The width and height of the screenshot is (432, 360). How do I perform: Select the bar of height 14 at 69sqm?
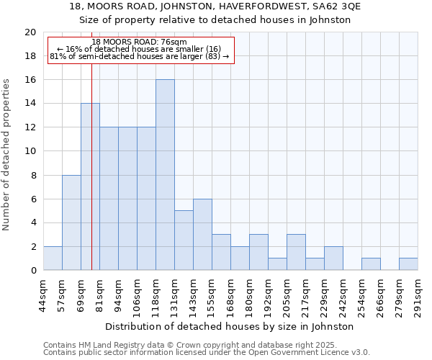pos(90,187)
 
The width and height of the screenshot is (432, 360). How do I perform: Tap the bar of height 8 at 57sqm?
pos(71,222)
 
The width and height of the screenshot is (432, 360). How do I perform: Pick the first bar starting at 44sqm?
pos(53,258)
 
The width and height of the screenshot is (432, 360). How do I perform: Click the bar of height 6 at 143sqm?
pos(202,235)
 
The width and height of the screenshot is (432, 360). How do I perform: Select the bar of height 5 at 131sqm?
pos(184,240)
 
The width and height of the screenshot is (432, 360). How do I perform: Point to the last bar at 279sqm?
pos(408,264)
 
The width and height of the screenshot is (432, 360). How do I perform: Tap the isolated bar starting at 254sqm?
pos(371,264)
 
